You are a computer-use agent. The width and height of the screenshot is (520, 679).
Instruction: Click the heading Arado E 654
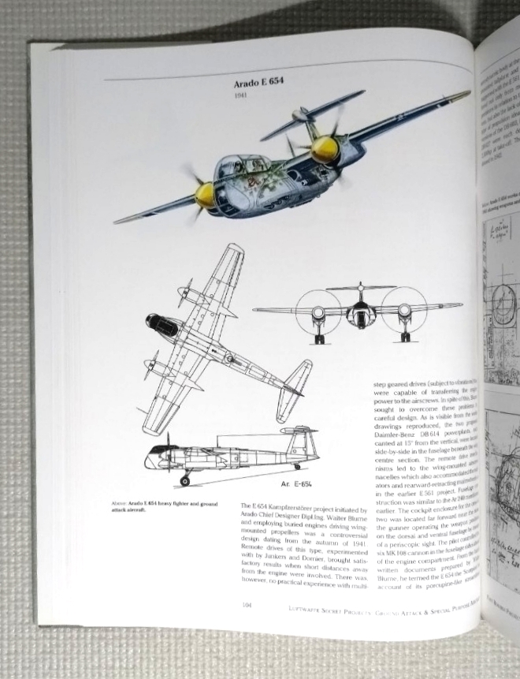click(263, 83)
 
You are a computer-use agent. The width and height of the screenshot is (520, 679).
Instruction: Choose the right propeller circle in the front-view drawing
click(403, 313)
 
